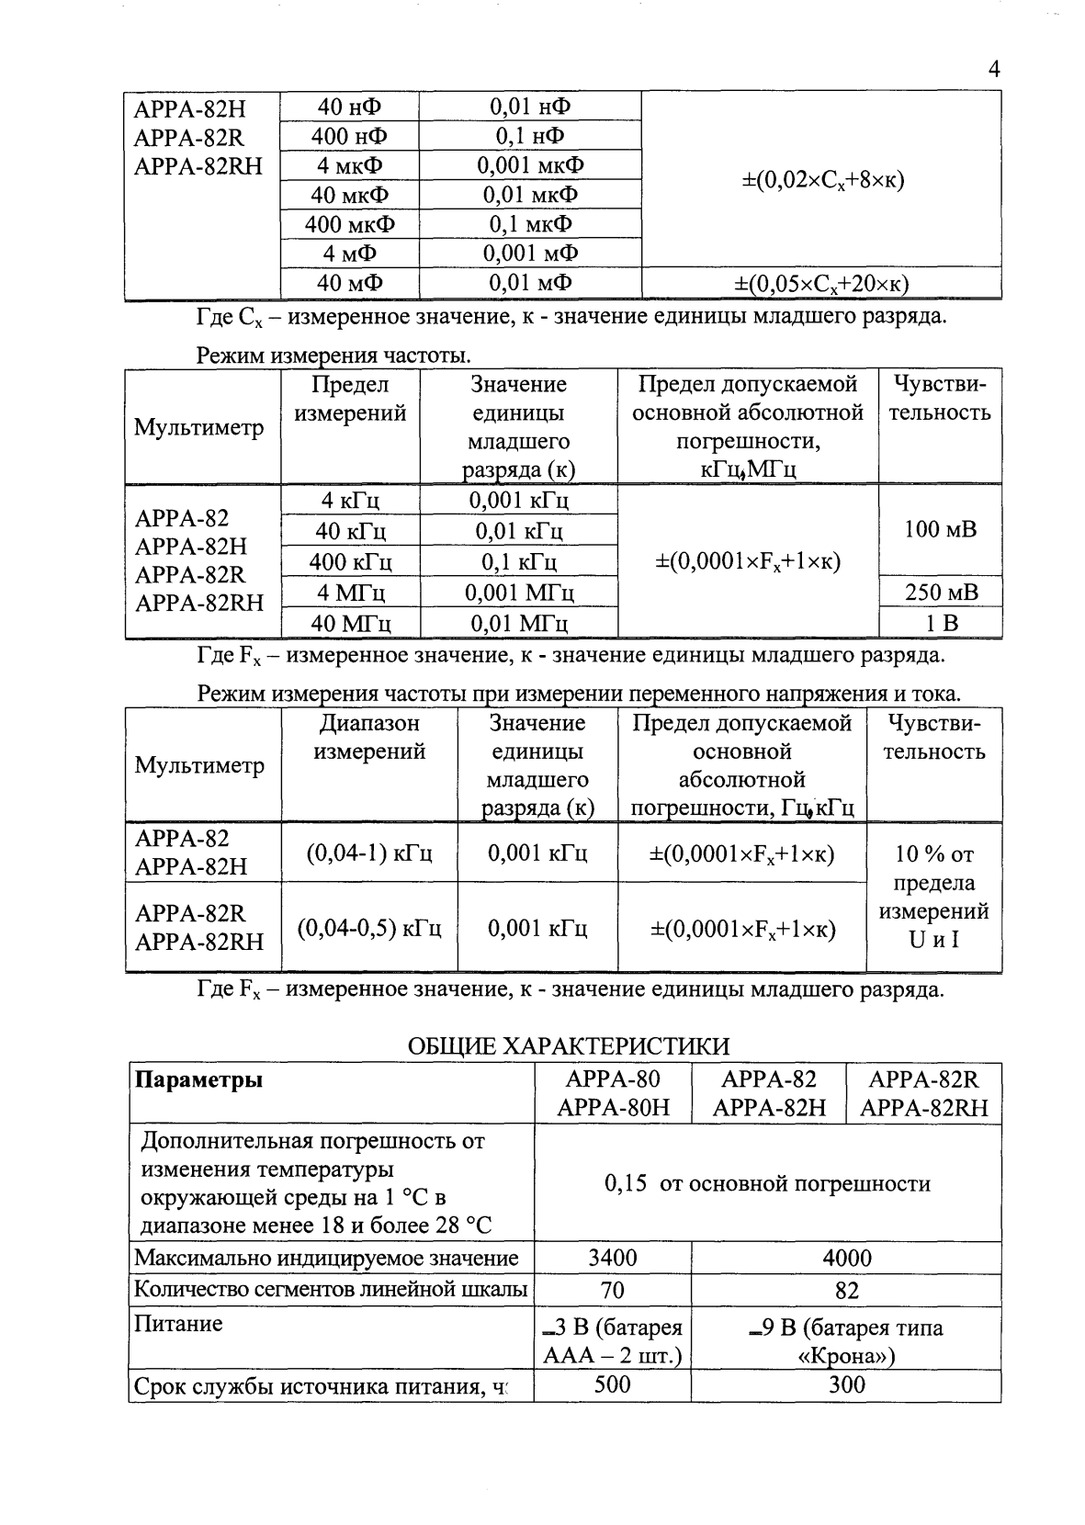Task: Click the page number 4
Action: point(993,70)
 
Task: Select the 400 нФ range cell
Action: point(349,137)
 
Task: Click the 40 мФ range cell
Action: point(349,283)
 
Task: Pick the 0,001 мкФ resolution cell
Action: point(530,165)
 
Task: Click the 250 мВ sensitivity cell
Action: point(941,593)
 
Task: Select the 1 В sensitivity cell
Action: point(941,624)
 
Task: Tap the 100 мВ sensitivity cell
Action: point(941,529)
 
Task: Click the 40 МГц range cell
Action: point(351,624)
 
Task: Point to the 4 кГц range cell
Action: point(351,501)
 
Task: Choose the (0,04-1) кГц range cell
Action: point(369,853)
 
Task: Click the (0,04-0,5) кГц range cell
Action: point(369,929)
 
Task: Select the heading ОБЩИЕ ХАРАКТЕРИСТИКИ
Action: point(568,1046)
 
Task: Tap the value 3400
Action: point(612,1257)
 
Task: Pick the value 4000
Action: point(846,1257)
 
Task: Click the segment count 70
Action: point(612,1290)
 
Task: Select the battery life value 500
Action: point(612,1384)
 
